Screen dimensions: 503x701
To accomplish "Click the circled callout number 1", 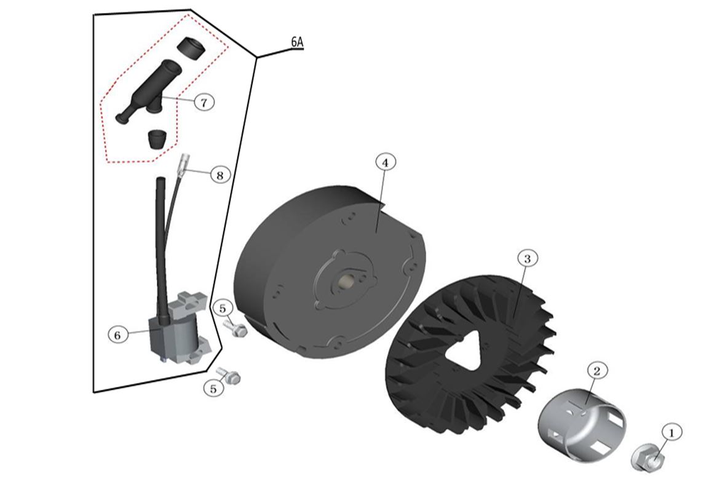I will coord(671,433).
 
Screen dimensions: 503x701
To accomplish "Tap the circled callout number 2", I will coord(597,370).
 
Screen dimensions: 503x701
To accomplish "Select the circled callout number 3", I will coord(526,258).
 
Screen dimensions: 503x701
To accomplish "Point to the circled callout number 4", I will coord(385,162).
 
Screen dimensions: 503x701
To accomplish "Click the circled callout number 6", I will coord(118,335).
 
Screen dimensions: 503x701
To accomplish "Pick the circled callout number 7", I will coord(204,102).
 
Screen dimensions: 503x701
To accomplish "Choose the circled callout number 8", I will coord(220,175).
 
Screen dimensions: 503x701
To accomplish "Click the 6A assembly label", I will coord(297,42).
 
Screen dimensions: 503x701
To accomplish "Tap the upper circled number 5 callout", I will coord(223,307).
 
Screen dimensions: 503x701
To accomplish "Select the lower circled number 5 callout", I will coord(213,389).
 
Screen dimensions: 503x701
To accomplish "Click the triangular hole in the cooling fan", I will coord(465,355).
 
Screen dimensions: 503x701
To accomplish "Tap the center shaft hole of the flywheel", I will coord(346,282).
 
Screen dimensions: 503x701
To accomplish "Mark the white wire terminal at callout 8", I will coord(183,165).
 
